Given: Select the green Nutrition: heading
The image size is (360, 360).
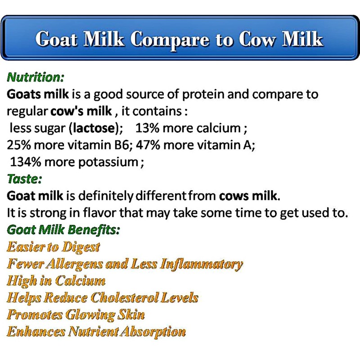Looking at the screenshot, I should tap(36, 77).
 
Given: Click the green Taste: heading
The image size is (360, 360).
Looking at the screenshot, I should tap(25, 179).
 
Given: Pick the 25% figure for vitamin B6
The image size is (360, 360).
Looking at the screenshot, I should tap(19, 145).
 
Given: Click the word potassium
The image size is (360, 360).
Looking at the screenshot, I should tap(108, 162).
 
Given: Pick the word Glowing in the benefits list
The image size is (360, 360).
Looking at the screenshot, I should tap(91, 315).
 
